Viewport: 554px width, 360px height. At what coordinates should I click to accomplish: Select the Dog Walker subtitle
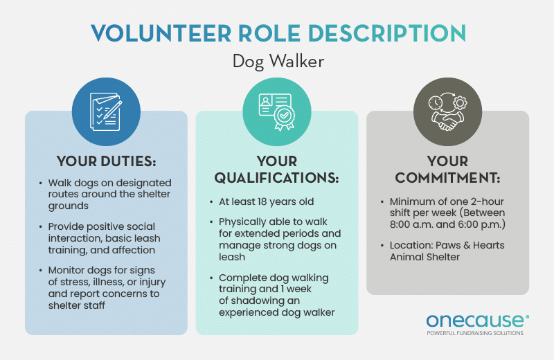coord(277,62)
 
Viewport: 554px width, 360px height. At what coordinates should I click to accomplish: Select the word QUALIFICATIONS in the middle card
coord(276,178)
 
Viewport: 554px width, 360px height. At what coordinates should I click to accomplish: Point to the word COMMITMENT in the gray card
coord(447,178)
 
